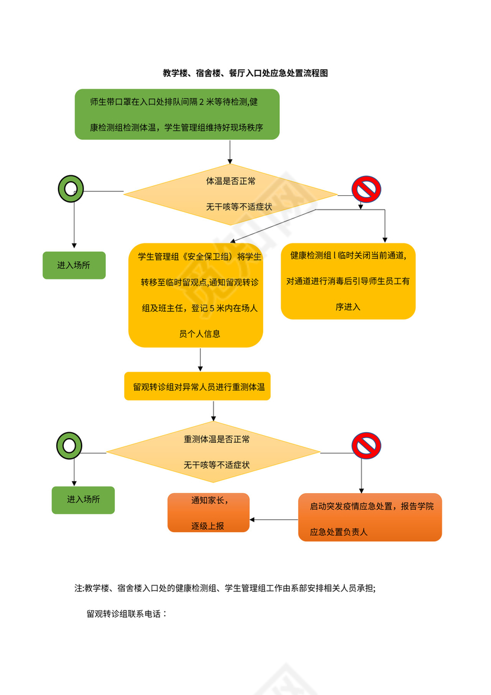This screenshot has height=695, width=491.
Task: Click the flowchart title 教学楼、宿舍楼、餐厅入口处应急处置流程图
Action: pos(245,73)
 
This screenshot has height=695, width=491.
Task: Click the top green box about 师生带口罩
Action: pos(177,114)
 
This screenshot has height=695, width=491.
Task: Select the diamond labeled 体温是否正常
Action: pos(230,194)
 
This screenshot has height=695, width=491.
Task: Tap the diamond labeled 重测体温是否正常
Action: pos(213,452)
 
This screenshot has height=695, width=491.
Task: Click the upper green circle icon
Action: pos(70,189)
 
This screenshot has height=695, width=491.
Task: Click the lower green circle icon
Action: pos(69,445)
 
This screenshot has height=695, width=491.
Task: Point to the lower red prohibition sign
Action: pos(366,446)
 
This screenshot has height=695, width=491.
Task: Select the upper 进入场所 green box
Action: pos(74,265)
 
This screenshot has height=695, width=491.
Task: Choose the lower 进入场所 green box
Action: pos(83,500)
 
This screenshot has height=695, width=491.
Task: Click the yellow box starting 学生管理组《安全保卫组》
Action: pos(196,295)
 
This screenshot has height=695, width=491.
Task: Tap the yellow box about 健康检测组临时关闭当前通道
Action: pos(348,281)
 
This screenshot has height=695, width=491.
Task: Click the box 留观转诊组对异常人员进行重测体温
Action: pos(198,387)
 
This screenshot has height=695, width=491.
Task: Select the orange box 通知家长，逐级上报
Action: pos(209,513)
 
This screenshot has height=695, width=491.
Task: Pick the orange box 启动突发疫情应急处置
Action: pos(370,517)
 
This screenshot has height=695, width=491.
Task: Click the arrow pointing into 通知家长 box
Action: pos(273,520)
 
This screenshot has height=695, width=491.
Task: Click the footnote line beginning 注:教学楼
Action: pos(225,588)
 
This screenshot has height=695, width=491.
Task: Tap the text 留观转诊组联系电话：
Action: pos(127,614)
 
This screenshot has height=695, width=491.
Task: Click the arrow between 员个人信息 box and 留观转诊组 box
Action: pos(201,359)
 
